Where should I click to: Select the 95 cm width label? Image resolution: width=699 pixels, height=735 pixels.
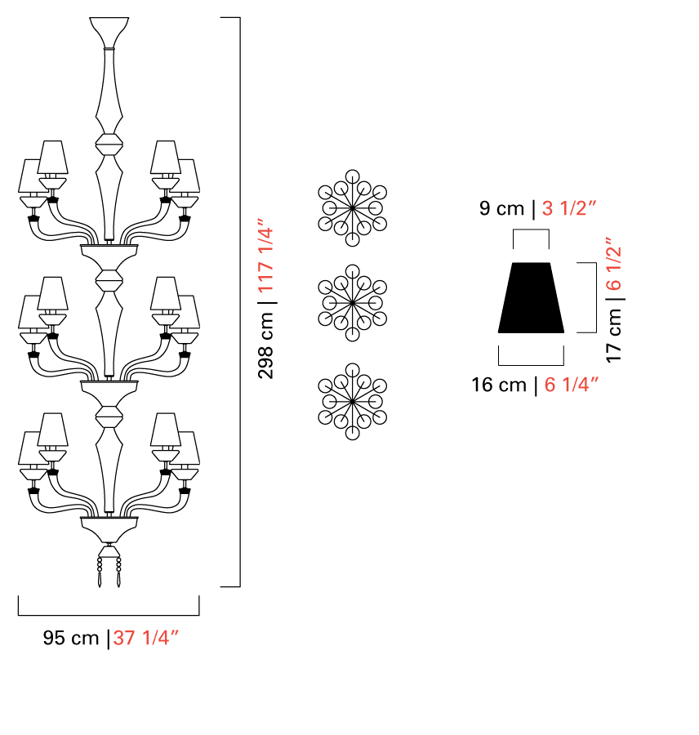71,638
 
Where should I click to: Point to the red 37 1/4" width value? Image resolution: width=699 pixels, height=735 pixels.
146,638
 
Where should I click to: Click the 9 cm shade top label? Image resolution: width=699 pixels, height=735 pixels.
501,208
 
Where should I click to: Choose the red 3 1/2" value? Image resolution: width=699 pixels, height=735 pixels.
568,208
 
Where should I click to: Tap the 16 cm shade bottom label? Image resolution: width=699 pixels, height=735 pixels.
499,385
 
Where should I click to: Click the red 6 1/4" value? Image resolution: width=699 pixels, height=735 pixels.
572,385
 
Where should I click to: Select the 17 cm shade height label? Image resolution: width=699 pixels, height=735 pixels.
614,336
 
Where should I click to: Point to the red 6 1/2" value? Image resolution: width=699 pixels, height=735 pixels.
614,264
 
